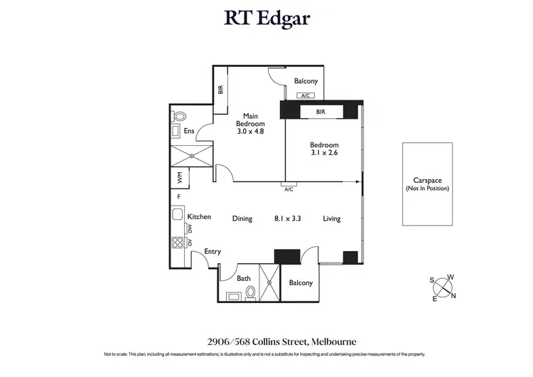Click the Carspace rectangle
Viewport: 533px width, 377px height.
428,184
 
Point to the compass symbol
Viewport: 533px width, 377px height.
444,287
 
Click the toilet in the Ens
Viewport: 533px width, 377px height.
179,116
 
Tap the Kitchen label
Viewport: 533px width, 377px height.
199,216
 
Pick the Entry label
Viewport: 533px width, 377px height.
212,251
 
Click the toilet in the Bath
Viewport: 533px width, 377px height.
250,295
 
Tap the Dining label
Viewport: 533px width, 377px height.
242,218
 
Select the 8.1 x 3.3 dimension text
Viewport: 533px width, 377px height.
288,218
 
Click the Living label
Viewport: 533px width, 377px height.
332,218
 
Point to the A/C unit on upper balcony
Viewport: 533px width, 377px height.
306,95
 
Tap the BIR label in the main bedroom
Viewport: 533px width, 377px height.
220,90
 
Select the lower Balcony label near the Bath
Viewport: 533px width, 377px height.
301,282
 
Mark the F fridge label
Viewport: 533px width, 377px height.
179,197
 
